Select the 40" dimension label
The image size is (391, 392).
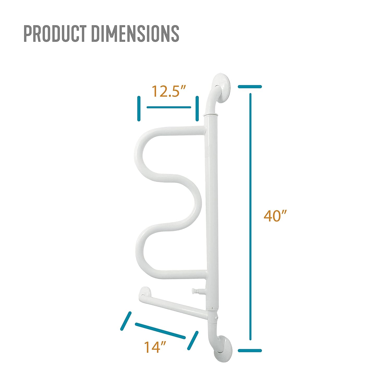tap(275, 216)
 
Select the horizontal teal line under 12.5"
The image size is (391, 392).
tap(169, 107)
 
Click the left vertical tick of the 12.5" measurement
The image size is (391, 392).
tap(139, 108)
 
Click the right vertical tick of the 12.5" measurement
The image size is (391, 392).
tap(197, 108)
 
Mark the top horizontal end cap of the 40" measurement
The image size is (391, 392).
tap(250, 87)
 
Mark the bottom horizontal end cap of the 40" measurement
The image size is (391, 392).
tap(250, 350)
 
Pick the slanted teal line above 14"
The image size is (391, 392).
tap(160, 331)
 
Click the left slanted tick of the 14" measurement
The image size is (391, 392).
tap(125, 321)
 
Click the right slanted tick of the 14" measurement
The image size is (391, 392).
tap(193, 340)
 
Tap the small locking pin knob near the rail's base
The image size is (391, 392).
tap(195, 290)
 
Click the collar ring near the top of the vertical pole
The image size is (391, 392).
tap(210, 115)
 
